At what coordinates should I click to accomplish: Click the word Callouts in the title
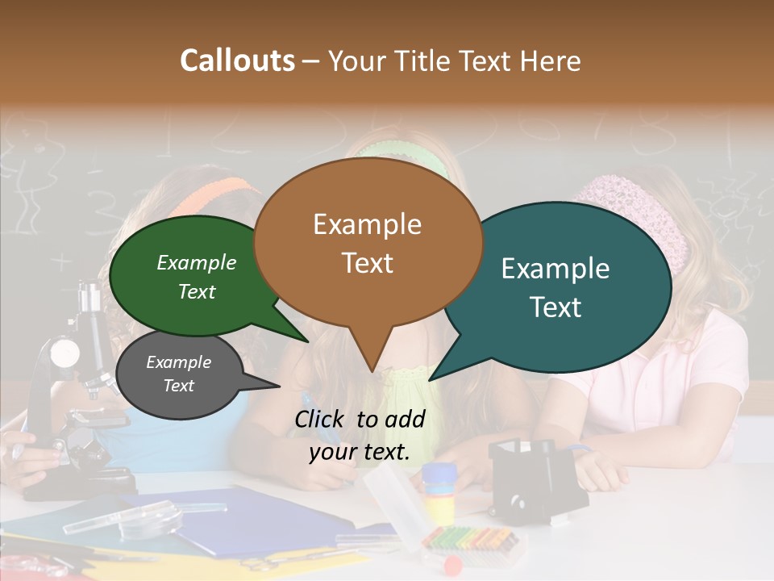[237, 61]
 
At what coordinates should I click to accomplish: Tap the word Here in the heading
[551, 61]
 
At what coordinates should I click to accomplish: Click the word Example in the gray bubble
[178, 362]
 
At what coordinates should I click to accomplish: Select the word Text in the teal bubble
[556, 307]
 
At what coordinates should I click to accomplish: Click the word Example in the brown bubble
[367, 224]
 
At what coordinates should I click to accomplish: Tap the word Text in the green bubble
[197, 291]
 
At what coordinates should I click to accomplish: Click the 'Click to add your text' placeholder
[360, 436]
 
